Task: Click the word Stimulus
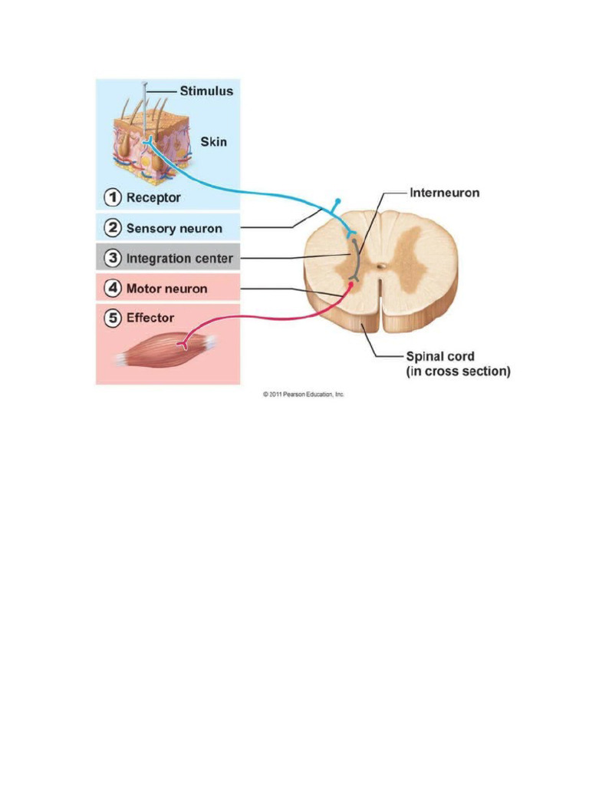click(x=206, y=91)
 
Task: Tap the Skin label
click(x=213, y=141)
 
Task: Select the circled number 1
click(x=113, y=197)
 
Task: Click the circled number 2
click(x=113, y=228)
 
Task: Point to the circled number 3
click(x=113, y=258)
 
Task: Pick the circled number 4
click(x=113, y=289)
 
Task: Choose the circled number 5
click(x=113, y=318)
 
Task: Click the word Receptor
click(x=153, y=197)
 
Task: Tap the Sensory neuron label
click(x=174, y=228)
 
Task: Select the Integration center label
click(x=179, y=258)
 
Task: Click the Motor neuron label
click(x=166, y=289)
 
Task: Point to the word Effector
click(x=150, y=318)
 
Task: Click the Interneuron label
click(x=445, y=193)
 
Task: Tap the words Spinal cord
click(x=440, y=357)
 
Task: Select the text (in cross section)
click(x=458, y=372)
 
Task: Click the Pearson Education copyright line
click(x=304, y=394)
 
